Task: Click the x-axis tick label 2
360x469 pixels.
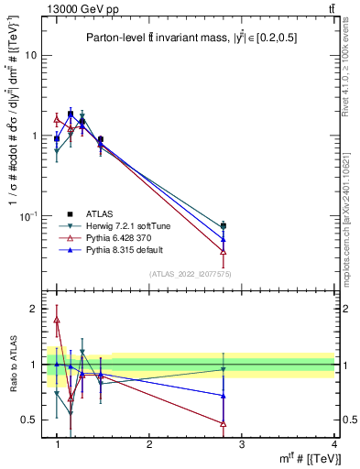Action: (149, 444)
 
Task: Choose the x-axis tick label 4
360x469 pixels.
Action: (334, 444)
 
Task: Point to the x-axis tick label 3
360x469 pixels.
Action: (242, 444)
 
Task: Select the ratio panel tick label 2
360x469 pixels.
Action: (33, 309)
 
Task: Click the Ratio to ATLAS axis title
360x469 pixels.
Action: (11, 364)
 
